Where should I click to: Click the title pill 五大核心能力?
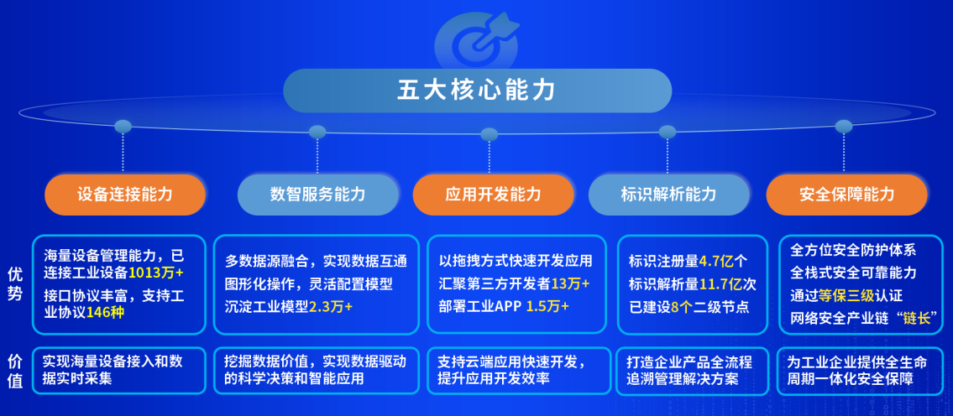pyautogui.click(x=477, y=91)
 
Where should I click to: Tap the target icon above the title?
pyautogui.click(x=477, y=41)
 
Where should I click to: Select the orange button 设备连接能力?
pyautogui.click(x=125, y=195)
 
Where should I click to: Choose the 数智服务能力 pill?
pyautogui.click(x=318, y=195)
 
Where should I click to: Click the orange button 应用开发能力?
pyautogui.click(x=493, y=195)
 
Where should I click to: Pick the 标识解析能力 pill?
pyautogui.click(x=668, y=195)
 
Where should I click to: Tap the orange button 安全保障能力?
pyautogui.click(x=846, y=195)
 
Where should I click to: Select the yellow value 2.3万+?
pyautogui.click(x=331, y=307)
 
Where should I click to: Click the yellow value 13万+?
pyautogui.click(x=570, y=283)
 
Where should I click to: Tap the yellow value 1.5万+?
pyautogui.click(x=547, y=307)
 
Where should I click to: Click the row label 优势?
pyautogui.click(x=15, y=285)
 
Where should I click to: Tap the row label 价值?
pyautogui.click(x=15, y=371)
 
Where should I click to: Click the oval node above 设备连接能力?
pyautogui.click(x=123, y=127)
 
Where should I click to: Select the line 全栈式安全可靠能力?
pyautogui.click(x=853, y=273)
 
